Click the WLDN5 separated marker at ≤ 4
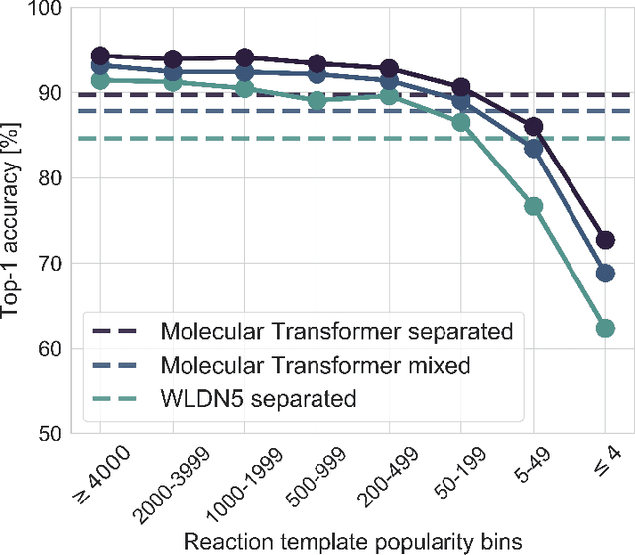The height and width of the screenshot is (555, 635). (604, 328)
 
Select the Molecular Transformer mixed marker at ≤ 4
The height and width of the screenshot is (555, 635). (604, 273)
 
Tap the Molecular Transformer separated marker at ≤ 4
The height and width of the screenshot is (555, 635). (604, 240)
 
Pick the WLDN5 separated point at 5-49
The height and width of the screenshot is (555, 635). (533, 206)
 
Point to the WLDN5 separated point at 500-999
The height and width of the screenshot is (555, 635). (317, 100)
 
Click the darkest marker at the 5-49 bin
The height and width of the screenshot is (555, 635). (533, 126)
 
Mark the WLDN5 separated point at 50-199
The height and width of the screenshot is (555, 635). (460, 122)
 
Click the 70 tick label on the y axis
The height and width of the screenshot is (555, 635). (47, 264)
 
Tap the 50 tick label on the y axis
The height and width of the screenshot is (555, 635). (47, 434)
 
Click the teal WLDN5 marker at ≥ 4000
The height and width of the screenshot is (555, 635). (100, 80)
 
